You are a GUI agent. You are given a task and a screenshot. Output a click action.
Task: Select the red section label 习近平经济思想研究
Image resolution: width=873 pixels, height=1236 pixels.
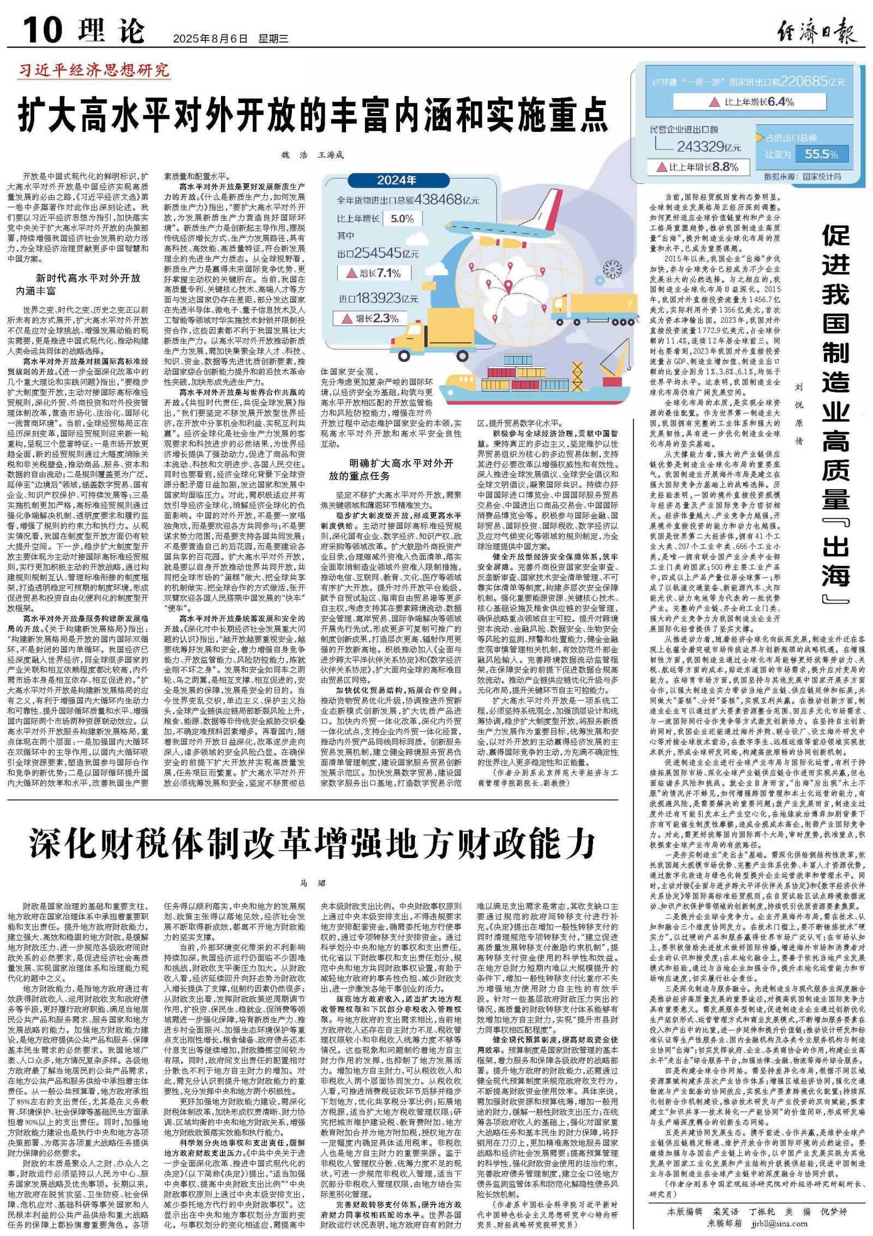pyautogui.click(x=94, y=70)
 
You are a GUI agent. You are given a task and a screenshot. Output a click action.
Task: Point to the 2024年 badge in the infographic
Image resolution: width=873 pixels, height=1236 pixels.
pyautogui.click(x=397, y=180)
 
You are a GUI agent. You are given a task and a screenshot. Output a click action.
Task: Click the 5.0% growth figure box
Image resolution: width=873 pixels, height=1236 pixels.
pyautogui.click(x=403, y=219)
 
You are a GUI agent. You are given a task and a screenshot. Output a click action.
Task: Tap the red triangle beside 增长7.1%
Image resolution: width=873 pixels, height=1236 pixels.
pyautogui.click(x=346, y=273)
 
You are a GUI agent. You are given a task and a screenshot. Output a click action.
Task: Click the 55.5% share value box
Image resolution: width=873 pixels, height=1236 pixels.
pyautogui.click(x=821, y=154)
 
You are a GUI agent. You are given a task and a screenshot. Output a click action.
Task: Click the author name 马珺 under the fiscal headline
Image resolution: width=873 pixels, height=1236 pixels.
pyautogui.click(x=312, y=883)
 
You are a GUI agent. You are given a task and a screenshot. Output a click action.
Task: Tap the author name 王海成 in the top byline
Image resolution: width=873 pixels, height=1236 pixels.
pyautogui.click(x=331, y=155)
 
